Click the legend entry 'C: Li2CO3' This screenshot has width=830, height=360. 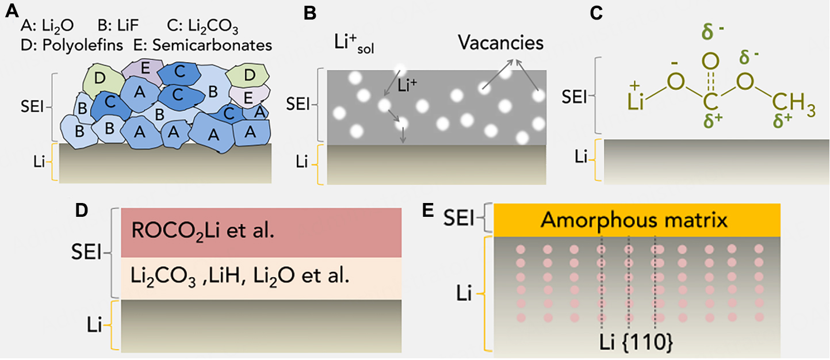pyautogui.click(x=202, y=26)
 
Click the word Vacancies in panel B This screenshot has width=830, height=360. pyautogui.click(x=500, y=43)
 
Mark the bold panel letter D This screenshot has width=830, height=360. pyautogui.click(x=82, y=210)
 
